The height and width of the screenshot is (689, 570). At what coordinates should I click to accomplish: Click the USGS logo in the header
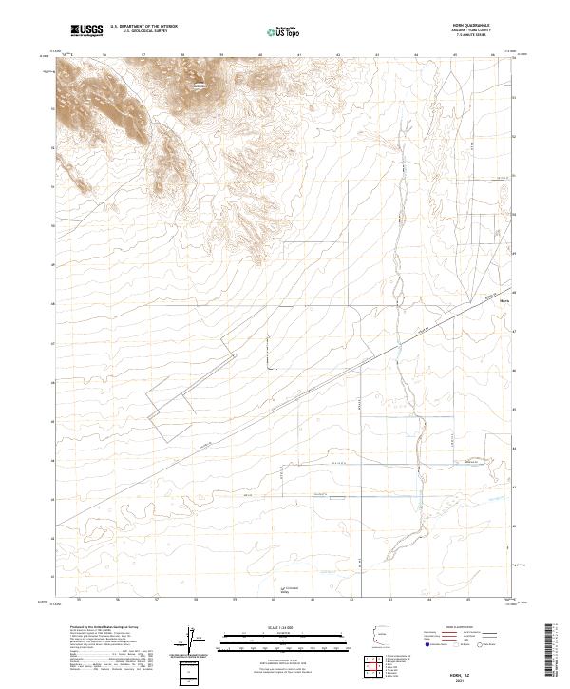[x=86, y=31]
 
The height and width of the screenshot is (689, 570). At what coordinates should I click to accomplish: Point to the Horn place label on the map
[x=503, y=304]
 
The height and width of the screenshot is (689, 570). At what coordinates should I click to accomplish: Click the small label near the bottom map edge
[x=291, y=590]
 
